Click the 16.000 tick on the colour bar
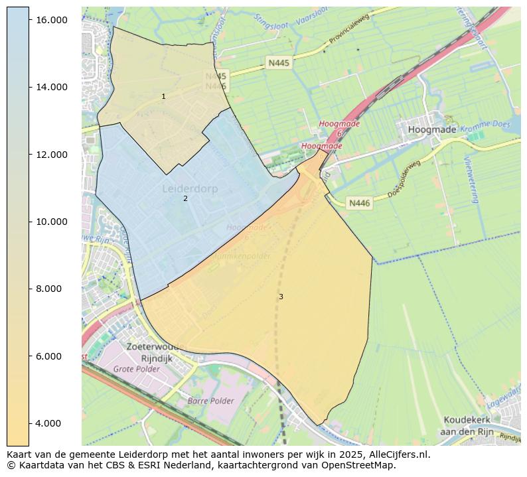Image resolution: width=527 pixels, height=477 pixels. tap(51, 20)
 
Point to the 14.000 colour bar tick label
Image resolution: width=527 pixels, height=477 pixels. tap(51, 87)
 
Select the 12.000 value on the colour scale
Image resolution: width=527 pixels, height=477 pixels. tap(51, 155)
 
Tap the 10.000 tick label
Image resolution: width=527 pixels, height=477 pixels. tap(51, 222)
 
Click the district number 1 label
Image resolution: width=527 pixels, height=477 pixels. tap(164, 97)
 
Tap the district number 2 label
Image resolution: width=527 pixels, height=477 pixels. tap(185, 198)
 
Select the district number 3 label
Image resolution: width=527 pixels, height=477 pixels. tap(281, 297)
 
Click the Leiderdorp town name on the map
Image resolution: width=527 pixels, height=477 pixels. tap(190, 189)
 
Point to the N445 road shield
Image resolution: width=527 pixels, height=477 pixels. tap(279, 62)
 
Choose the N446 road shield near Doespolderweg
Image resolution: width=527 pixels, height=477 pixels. tap(359, 203)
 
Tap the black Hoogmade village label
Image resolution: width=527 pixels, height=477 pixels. tap(432, 129)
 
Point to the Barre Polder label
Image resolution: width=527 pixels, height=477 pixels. tap(210, 401)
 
